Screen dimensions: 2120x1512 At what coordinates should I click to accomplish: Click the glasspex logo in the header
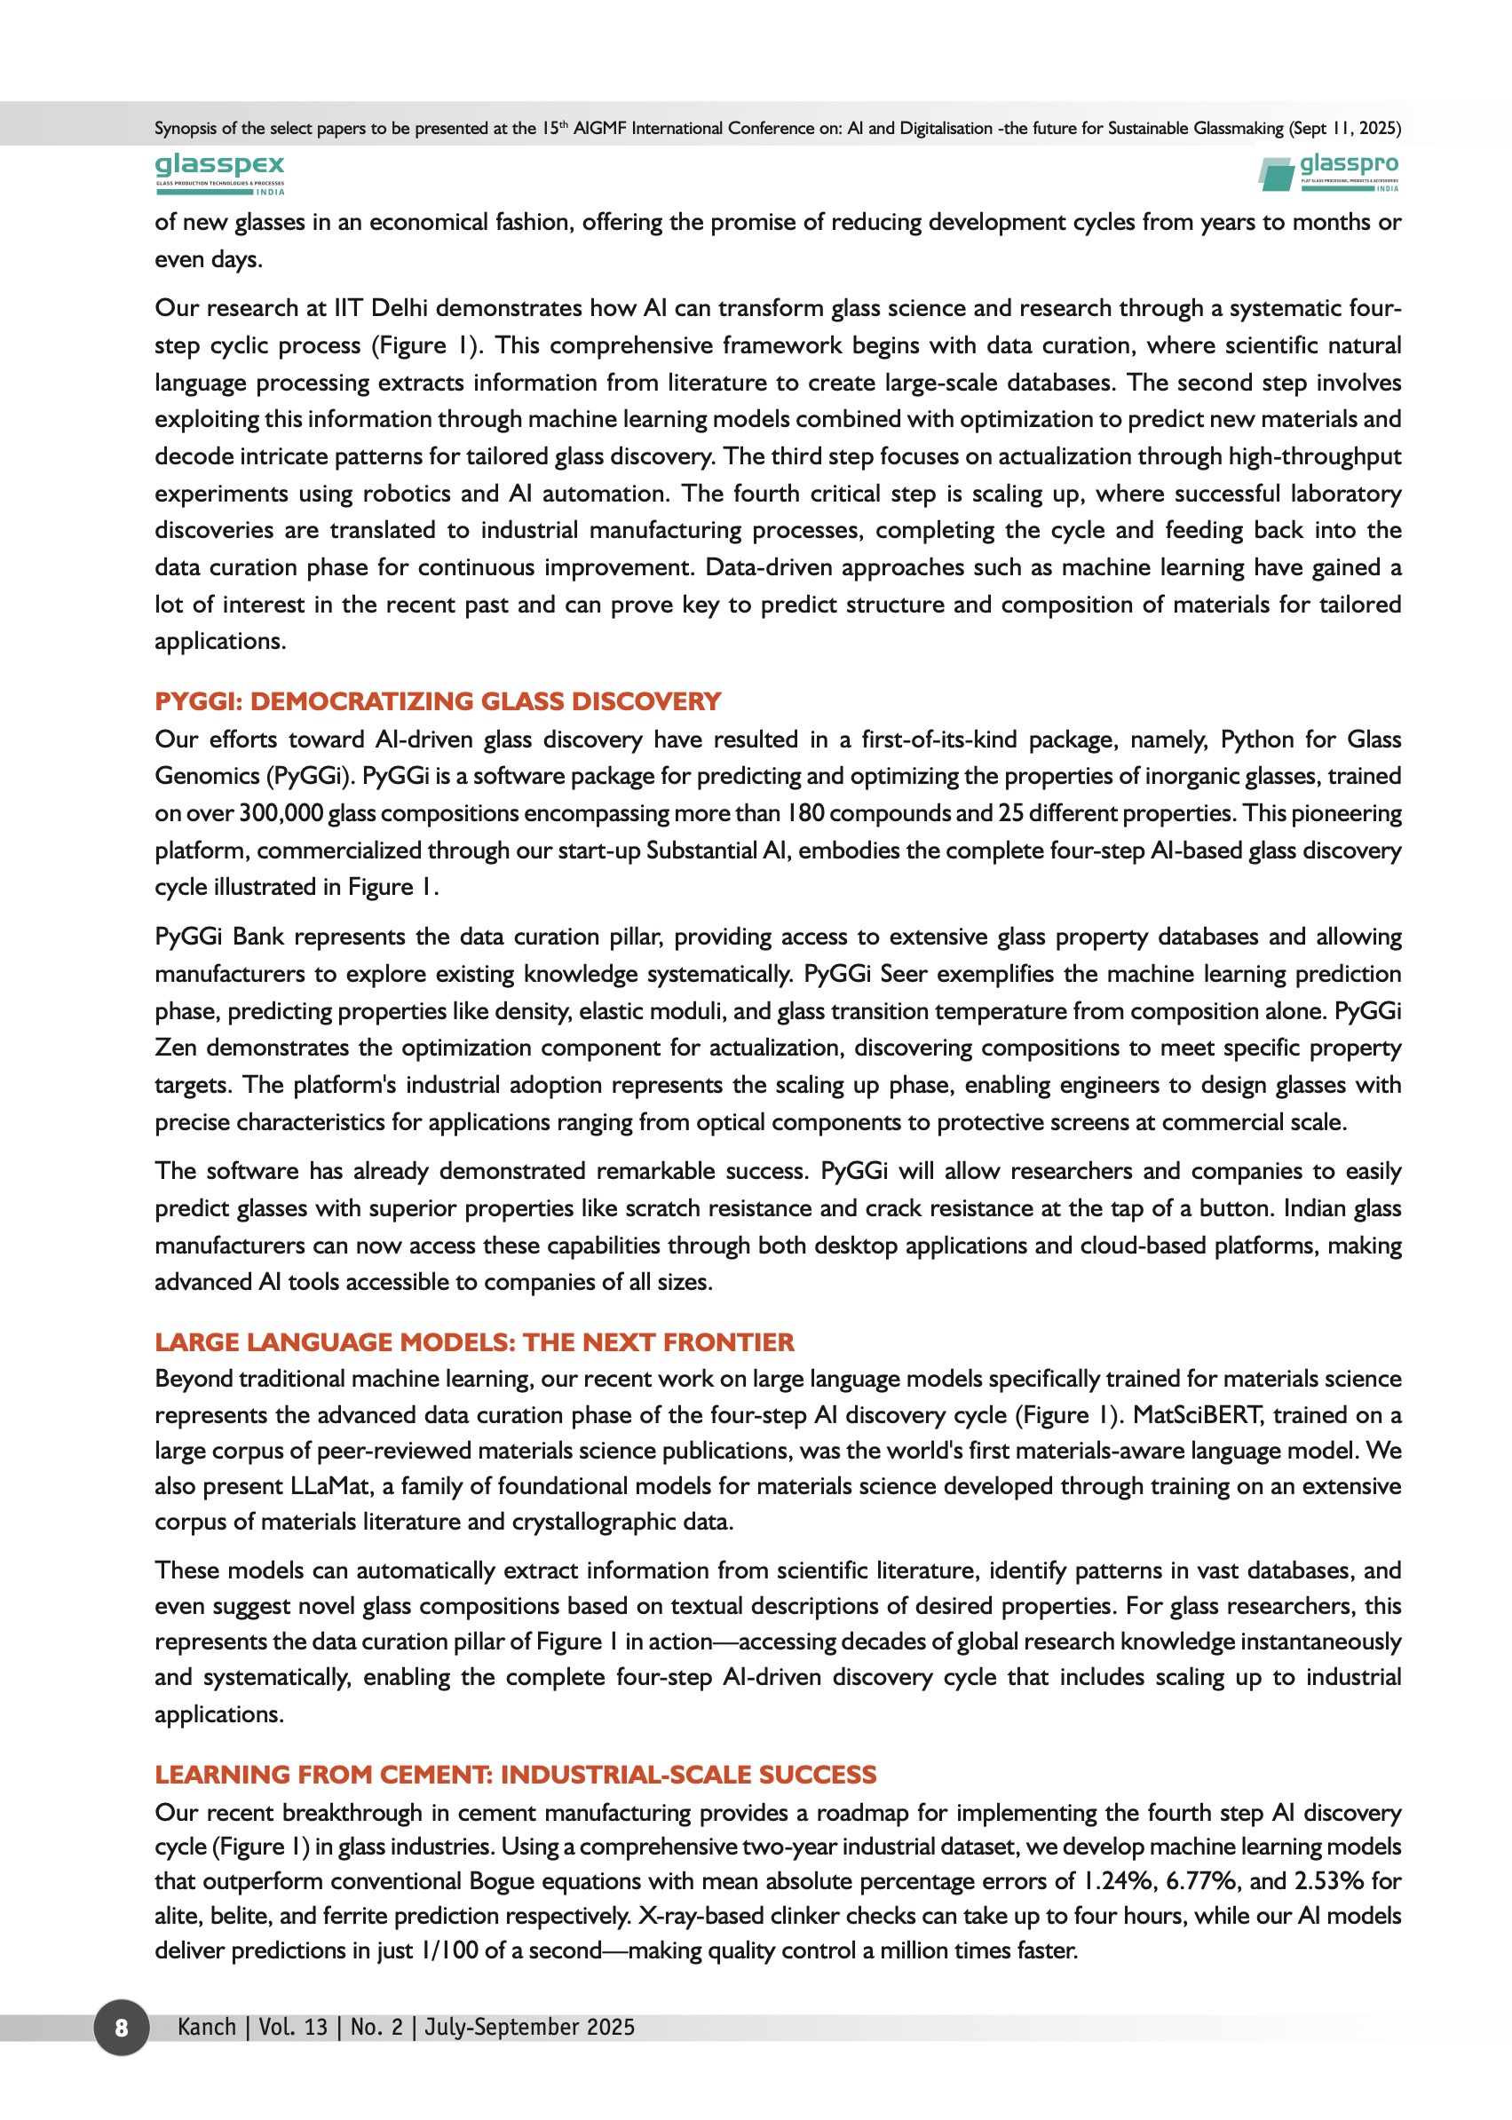coord(219,173)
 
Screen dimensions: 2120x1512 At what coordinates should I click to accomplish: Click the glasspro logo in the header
coord(1328,173)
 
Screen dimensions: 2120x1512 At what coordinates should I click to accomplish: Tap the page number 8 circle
coord(121,2027)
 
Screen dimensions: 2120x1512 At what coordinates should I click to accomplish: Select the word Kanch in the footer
coord(207,2027)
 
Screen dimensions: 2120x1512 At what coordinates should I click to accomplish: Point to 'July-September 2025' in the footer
coord(530,2027)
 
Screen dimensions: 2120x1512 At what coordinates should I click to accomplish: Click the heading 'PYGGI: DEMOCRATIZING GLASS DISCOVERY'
coord(438,701)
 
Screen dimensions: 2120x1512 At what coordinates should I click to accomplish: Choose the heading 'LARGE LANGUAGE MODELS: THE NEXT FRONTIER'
coord(474,1341)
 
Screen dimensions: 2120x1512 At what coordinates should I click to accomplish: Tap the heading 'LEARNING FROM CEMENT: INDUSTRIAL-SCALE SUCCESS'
coord(515,1774)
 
